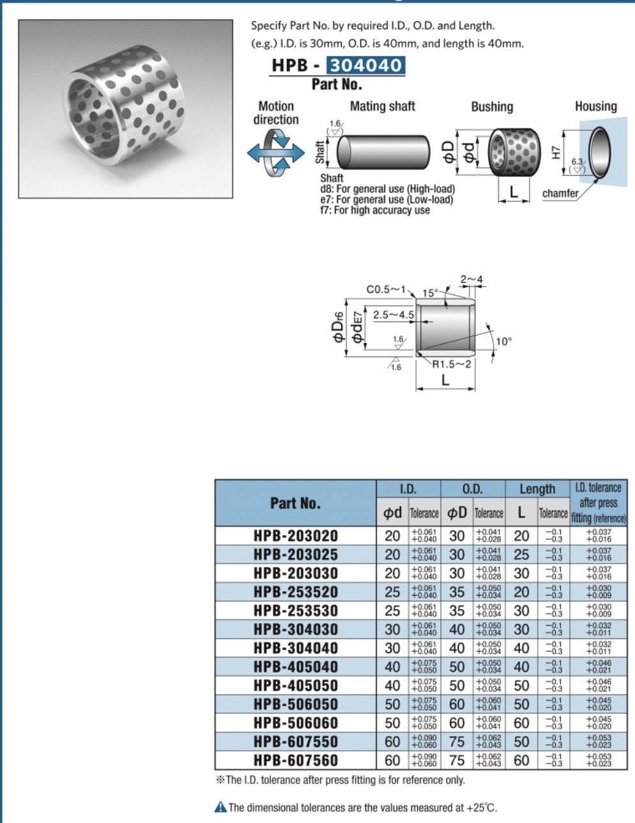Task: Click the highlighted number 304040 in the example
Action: tap(366, 65)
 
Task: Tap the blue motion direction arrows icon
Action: tap(276, 153)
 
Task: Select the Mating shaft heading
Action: tap(383, 107)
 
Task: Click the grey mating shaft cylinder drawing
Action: tap(383, 152)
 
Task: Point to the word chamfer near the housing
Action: tap(560, 194)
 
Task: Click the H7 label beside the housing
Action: tap(556, 153)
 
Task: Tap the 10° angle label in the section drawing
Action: tap(503, 342)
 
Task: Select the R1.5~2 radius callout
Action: tap(452, 364)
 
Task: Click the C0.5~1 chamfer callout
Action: tap(385, 289)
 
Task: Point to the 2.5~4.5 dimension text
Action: tap(394, 315)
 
